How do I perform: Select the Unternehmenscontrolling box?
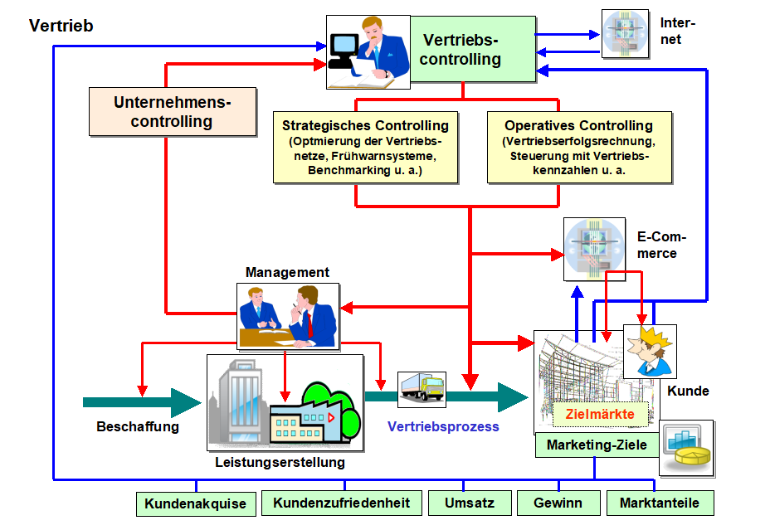tap(173, 112)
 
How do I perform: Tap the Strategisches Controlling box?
tap(365, 148)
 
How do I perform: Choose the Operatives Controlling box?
tap(578, 148)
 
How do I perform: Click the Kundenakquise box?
tap(195, 503)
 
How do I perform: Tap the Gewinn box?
tap(557, 503)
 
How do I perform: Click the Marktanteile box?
tap(659, 503)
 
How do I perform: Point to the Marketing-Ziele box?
tap(596, 445)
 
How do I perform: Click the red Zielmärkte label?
tap(599, 414)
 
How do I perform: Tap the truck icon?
tap(422, 387)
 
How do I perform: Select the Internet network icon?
tap(626, 34)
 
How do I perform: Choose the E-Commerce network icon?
tap(594, 249)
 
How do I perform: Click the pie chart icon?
tap(686, 447)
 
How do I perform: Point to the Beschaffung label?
tap(138, 427)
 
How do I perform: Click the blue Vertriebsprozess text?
tap(443, 427)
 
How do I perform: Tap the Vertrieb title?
tap(61, 26)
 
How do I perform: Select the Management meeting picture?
tap(288, 316)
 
